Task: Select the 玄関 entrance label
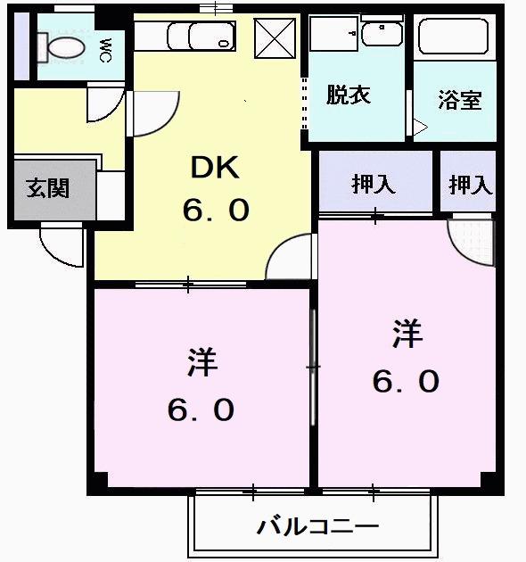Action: [x=47, y=188]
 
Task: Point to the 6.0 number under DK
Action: [x=215, y=211]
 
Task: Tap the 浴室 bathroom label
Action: [x=459, y=100]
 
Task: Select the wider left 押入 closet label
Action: [x=374, y=185]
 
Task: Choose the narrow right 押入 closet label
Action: [x=469, y=185]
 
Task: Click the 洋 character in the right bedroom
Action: [x=406, y=335]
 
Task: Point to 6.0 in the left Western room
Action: [x=201, y=409]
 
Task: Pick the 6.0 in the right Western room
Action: [x=406, y=382]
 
